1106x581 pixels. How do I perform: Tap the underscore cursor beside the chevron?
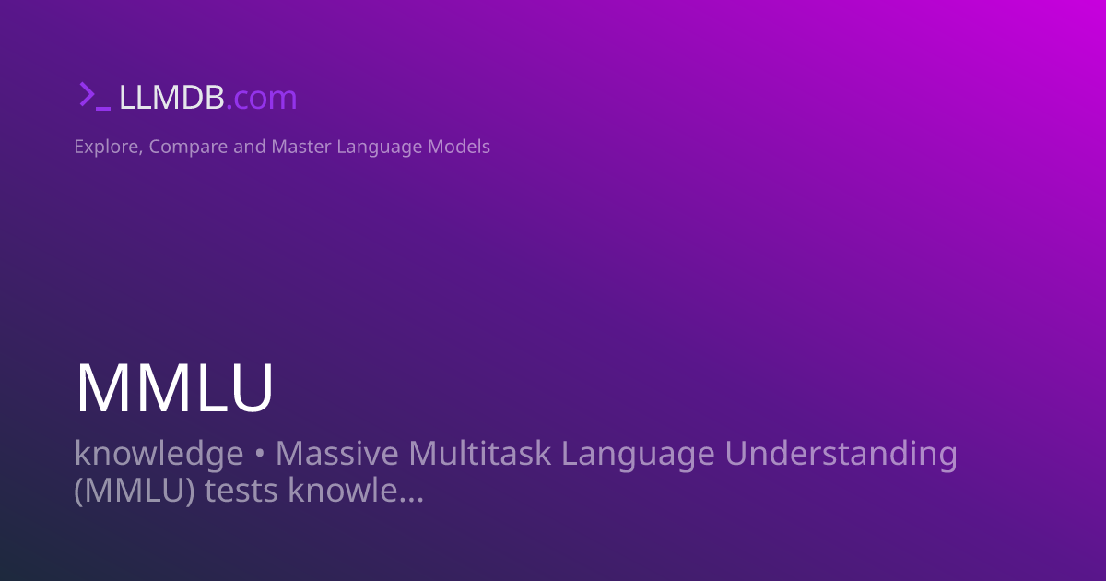click(x=103, y=107)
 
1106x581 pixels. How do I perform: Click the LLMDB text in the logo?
click(x=171, y=97)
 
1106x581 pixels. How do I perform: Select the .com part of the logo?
click(x=262, y=98)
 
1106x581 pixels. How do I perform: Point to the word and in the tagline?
click(x=249, y=147)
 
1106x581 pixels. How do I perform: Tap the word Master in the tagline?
click(x=300, y=147)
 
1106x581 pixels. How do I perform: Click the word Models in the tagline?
click(x=460, y=147)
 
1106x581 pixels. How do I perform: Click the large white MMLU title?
click(x=174, y=388)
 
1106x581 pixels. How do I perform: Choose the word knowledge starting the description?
click(x=159, y=454)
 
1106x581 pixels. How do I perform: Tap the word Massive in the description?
click(x=337, y=454)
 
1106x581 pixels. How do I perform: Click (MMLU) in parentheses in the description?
click(x=134, y=491)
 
